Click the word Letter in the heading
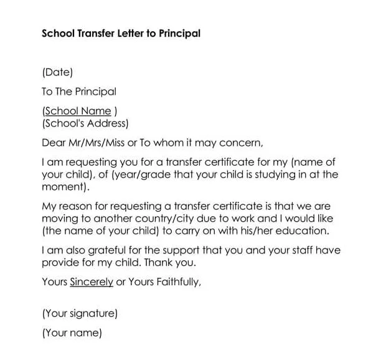(129, 34)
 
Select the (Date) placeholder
(57, 72)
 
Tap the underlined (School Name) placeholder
(79, 111)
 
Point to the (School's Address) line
(85, 123)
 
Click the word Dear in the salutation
(54, 142)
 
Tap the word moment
(64, 186)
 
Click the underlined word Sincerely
(92, 282)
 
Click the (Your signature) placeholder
(79, 313)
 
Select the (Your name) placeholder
(72, 333)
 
